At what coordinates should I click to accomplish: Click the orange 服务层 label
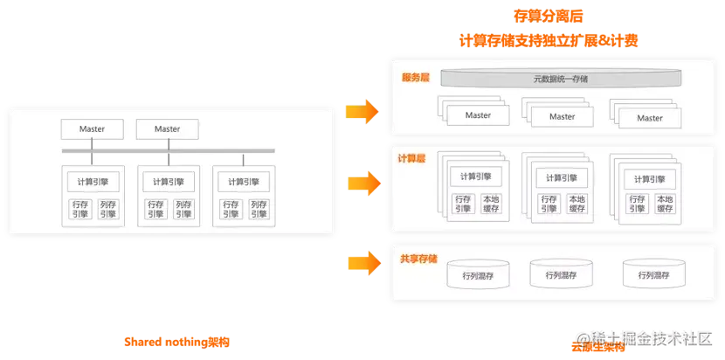(x=415, y=78)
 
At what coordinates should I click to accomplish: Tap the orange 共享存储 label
(x=418, y=259)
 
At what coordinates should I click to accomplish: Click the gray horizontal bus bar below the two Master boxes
(x=168, y=150)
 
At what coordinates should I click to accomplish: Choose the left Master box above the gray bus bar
(x=92, y=129)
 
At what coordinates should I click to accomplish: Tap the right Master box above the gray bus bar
(x=167, y=129)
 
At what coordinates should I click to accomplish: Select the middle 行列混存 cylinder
(x=560, y=275)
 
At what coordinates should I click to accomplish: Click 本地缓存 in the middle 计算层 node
(x=577, y=204)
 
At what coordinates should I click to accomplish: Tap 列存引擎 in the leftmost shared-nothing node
(x=107, y=209)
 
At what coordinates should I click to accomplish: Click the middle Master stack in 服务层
(x=562, y=115)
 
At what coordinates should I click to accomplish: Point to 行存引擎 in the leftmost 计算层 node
(x=462, y=204)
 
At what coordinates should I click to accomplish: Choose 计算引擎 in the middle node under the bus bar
(x=168, y=182)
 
